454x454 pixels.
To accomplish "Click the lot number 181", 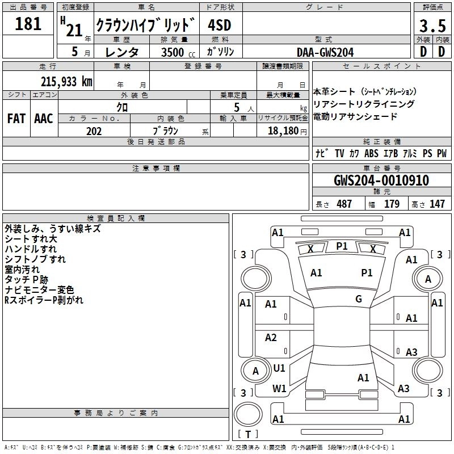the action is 28,24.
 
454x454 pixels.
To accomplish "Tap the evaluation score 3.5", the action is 432,26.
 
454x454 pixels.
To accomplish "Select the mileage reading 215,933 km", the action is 66,81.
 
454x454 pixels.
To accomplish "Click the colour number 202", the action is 94,131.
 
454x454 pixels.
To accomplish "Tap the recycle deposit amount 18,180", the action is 283,131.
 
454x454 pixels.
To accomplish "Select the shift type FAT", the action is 16,118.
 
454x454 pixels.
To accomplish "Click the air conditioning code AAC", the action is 44,118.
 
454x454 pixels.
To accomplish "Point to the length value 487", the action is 344,204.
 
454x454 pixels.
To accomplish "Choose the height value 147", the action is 437,204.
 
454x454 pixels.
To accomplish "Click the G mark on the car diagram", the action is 359,299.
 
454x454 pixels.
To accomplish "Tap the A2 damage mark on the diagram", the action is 271,338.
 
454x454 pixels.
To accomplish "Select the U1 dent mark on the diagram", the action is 279,368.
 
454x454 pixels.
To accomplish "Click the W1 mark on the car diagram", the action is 279,389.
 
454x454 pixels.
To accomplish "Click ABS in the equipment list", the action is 371,153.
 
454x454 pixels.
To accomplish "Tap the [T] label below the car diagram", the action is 248,435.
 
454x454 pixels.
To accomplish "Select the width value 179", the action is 392,204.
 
